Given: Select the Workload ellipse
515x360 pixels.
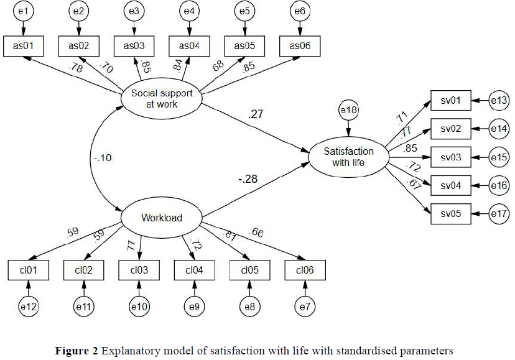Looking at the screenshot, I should click(x=161, y=218).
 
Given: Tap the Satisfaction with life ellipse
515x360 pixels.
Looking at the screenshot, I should click(x=348, y=157).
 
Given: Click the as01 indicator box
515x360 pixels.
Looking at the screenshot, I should click(x=24, y=47).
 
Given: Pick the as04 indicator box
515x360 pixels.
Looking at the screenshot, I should click(x=189, y=47).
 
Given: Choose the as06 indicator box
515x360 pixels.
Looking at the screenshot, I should click(x=300, y=47).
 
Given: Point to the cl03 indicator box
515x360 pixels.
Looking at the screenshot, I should click(x=139, y=270).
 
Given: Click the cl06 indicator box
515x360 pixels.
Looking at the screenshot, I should click(x=305, y=270).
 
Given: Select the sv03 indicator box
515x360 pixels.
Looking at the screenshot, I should click(x=451, y=157).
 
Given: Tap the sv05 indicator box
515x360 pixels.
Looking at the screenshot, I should click(x=451, y=215).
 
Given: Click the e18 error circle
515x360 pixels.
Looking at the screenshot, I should click(x=348, y=110).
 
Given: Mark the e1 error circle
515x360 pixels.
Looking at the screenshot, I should click(x=24, y=12).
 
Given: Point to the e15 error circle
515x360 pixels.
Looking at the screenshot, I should click(x=499, y=157).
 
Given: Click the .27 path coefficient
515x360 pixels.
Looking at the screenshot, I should click(x=255, y=114).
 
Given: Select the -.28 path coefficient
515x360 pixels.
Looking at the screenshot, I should click(x=248, y=180).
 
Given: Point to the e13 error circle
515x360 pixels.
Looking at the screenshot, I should click(x=499, y=100).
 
